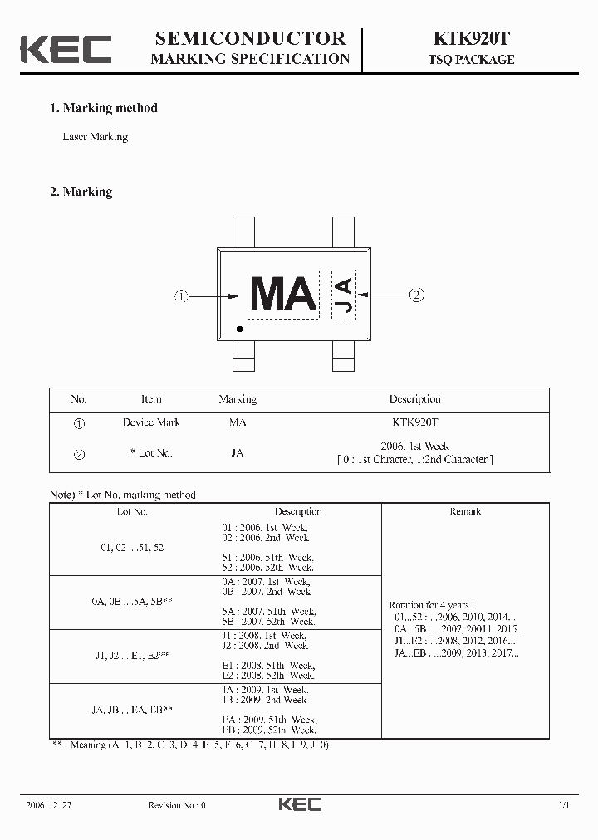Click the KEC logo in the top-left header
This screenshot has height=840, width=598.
pyautogui.click(x=66, y=48)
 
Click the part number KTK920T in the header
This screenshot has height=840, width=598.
pyautogui.click(x=471, y=38)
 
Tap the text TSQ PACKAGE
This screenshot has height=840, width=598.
pyautogui.click(x=471, y=60)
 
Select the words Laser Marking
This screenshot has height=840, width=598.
pyautogui.click(x=96, y=137)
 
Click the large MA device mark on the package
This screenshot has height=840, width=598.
pyautogui.click(x=282, y=294)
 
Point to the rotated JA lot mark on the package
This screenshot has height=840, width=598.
pyautogui.click(x=343, y=295)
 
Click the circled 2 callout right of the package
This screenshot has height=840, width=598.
pyautogui.click(x=416, y=294)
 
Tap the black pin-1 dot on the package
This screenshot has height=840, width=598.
pyautogui.click(x=240, y=330)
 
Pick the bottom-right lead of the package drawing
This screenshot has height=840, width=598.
pyautogui.click(x=344, y=362)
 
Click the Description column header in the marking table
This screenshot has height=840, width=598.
pyautogui.click(x=414, y=399)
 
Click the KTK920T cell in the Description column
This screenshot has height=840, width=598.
pyautogui.click(x=414, y=422)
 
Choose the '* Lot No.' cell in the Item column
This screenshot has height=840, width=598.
pyautogui.click(x=151, y=453)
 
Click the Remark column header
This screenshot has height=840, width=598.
pyautogui.click(x=465, y=511)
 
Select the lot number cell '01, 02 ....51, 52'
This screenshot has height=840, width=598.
pyautogui.click(x=133, y=548)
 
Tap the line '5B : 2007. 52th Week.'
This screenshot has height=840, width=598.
pyautogui.click(x=268, y=621)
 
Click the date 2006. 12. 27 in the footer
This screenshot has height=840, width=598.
pyautogui.click(x=51, y=805)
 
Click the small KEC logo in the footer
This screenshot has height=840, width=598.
pyautogui.click(x=300, y=804)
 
